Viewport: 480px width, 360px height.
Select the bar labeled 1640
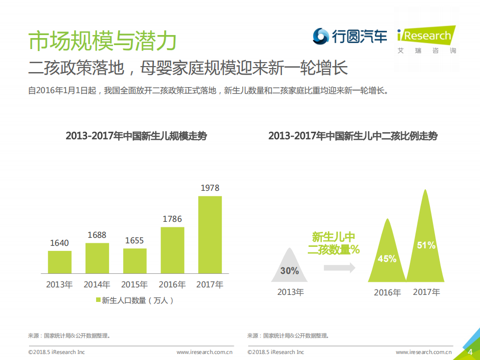tap(60, 262)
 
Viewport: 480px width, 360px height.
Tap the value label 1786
tap(172, 219)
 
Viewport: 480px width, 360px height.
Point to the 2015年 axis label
tap(135, 284)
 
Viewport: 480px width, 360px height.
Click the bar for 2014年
tap(97, 258)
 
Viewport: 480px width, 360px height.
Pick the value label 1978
tap(210, 188)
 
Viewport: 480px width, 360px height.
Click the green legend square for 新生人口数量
tap(99, 300)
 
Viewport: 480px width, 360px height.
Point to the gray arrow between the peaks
tap(339, 268)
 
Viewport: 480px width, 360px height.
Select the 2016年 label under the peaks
tap(387, 292)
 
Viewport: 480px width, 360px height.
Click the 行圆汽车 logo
tap(350, 36)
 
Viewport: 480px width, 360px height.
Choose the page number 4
tap(470, 352)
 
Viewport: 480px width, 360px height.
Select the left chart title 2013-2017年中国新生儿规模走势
tap(136, 136)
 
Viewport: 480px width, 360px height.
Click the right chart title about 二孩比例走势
tap(353, 136)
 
